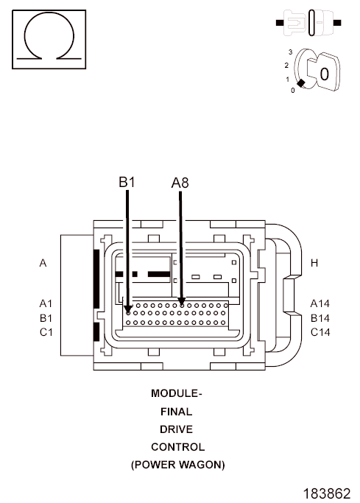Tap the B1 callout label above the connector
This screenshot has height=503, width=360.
pyautogui.click(x=127, y=182)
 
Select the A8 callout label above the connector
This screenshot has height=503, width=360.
pyautogui.click(x=180, y=183)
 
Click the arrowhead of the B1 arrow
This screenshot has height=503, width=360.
pyautogui.click(x=128, y=309)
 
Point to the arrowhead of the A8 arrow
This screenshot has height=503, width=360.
pyautogui.click(x=181, y=301)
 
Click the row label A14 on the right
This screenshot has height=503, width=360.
pyautogui.click(x=320, y=303)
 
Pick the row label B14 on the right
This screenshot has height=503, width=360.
pyautogui.click(x=320, y=318)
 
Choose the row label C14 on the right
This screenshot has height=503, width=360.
pyautogui.click(x=320, y=332)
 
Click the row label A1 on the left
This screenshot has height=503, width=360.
pyautogui.click(x=46, y=303)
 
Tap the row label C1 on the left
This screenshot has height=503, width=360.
pyautogui.click(x=46, y=332)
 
